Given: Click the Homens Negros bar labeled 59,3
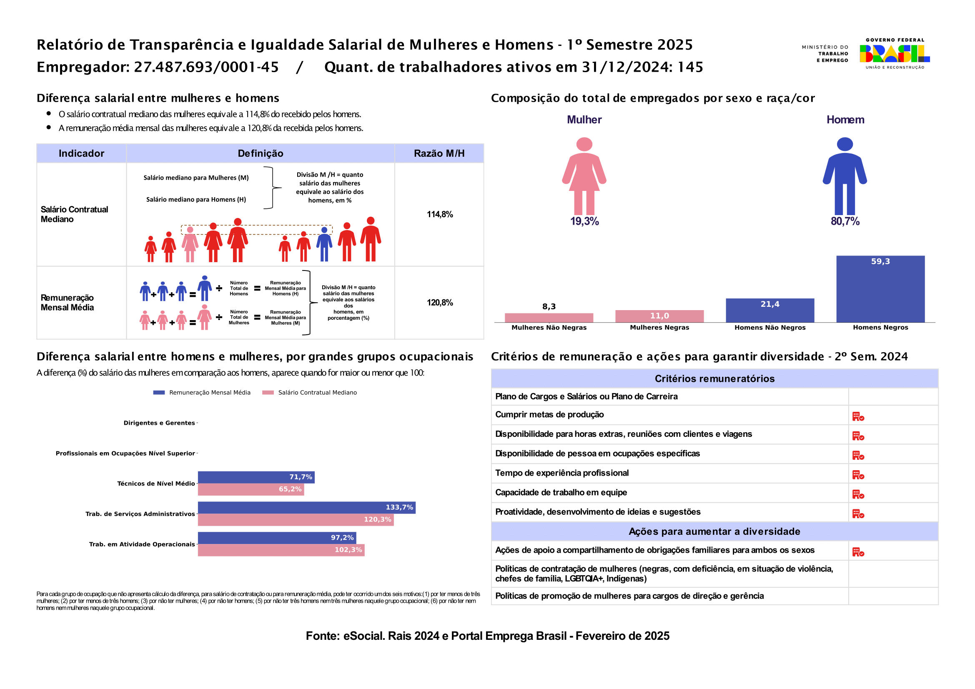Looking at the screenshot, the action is click(x=880, y=289).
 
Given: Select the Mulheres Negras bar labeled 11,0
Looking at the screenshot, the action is click(x=659, y=316).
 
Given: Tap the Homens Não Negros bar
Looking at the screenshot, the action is click(x=770, y=311).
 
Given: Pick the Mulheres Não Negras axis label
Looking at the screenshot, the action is click(x=549, y=327).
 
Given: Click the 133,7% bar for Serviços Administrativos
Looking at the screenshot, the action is click(x=307, y=508).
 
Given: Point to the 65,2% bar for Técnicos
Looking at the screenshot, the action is click(x=251, y=489).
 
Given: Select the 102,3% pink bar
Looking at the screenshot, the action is click(x=281, y=550).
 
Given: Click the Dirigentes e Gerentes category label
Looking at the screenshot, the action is click(x=159, y=423).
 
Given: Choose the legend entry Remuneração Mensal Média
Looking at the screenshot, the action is click(x=202, y=393).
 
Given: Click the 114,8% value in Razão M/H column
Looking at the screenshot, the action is click(x=440, y=214).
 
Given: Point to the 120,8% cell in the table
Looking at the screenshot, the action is click(x=440, y=303).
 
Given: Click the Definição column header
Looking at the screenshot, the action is click(x=260, y=153).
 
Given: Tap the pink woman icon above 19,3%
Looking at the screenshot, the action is click(x=584, y=176).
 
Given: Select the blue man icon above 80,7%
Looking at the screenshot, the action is click(x=845, y=176).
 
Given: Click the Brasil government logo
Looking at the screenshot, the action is click(x=895, y=53).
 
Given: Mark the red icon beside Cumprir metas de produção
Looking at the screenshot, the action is click(x=858, y=416).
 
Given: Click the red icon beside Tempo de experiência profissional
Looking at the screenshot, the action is click(x=858, y=475).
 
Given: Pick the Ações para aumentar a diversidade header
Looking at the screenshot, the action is click(x=714, y=531).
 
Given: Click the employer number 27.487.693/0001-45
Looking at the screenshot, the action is click(x=206, y=67).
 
